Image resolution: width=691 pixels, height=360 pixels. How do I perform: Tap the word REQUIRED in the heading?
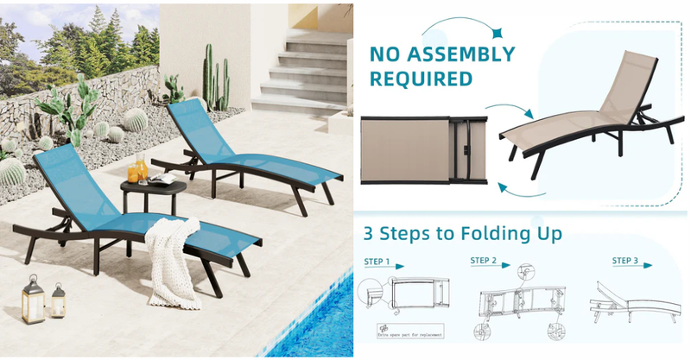pos(422,79)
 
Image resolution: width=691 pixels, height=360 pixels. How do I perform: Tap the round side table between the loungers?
pos(144,195)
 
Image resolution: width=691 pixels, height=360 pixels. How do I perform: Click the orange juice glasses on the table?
pos(140,169)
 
